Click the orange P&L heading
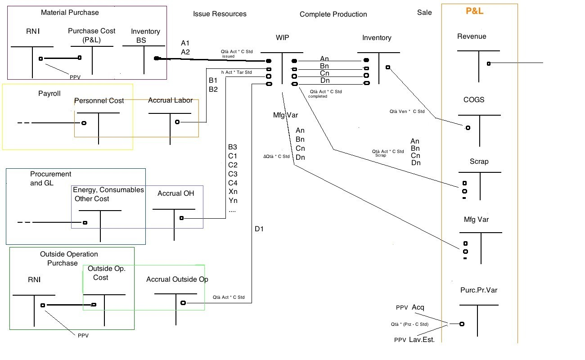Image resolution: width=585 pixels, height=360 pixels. point(474,11)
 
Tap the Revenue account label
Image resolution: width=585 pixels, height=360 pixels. point(472,36)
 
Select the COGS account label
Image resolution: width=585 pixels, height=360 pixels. point(474,99)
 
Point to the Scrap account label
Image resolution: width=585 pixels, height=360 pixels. point(479,162)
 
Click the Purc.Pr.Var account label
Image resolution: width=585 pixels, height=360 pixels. point(478,290)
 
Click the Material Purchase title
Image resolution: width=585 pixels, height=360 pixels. point(70,12)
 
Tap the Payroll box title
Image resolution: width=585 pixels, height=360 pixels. point(49,94)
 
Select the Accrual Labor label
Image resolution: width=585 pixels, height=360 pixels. point(170,100)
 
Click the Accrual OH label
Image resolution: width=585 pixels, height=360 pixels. point(176,193)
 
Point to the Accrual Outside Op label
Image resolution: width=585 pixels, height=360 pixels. point(177,279)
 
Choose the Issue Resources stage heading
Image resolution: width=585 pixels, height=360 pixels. point(220,14)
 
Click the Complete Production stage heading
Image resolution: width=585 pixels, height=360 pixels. point(333,14)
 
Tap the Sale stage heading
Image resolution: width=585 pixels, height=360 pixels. point(424,13)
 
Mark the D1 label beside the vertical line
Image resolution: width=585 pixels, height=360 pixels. point(259,229)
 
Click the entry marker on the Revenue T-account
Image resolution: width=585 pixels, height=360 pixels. point(488,63)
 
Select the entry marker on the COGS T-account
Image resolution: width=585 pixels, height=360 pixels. point(468,128)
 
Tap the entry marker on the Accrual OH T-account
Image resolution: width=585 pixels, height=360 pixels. point(181,218)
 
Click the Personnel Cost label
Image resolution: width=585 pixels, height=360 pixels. point(99,100)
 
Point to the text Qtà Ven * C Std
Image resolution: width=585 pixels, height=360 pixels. point(407,111)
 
